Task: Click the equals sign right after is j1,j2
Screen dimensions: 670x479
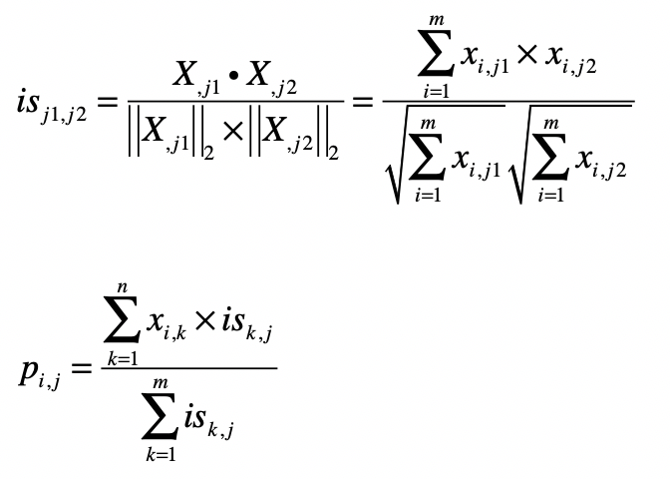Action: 108,103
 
